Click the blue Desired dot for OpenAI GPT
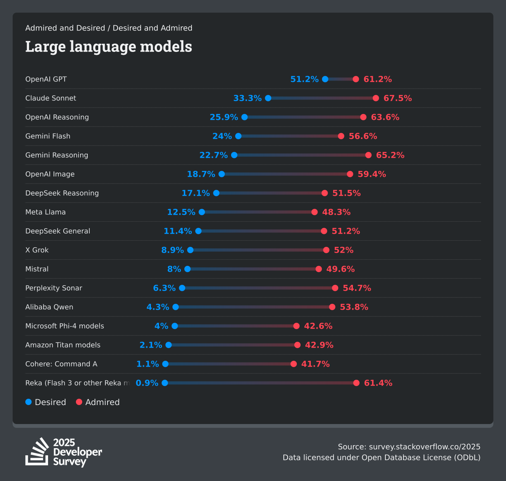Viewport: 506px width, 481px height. (325, 79)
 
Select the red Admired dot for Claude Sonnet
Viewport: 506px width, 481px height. (376, 98)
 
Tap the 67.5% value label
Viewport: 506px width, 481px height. (398, 98)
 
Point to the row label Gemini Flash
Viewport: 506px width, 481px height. (48, 136)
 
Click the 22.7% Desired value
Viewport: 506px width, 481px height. (213, 155)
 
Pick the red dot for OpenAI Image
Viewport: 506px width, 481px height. (350, 174)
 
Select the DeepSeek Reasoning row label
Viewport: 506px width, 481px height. (62, 193)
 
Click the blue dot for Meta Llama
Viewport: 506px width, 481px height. (202, 212)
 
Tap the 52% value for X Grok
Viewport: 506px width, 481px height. (344, 250)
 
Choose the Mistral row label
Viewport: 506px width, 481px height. (37, 269)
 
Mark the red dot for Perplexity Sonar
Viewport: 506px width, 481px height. (335, 288)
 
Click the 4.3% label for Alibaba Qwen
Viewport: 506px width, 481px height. (158, 307)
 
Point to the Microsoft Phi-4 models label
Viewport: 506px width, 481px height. (65, 326)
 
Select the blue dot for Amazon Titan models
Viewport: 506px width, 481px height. (169, 345)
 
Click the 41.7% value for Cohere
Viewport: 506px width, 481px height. (315, 364)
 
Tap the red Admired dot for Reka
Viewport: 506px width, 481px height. (356, 383)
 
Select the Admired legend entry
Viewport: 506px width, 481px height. (98, 402)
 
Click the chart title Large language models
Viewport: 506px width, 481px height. (108, 46)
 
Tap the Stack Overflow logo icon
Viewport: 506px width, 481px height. (37, 452)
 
